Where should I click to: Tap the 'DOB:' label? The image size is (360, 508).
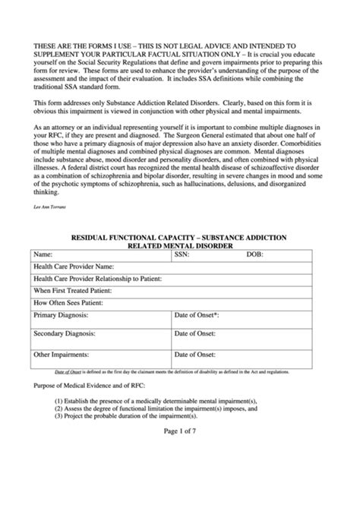pyautogui.click(x=254, y=254)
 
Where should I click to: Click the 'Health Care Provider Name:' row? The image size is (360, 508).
pyautogui.click(x=74, y=267)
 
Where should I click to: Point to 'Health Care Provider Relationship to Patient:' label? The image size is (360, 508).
pyautogui.click(x=98, y=279)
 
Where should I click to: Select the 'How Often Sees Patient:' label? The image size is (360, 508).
pyautogui.click(x=68, y=303)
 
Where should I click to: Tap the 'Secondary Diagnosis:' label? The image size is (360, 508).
pyautogui.click(x=65, y=334)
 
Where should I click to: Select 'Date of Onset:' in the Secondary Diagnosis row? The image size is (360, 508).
pyautogui.click(x=195, y=334)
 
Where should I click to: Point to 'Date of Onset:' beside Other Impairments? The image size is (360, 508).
pyautogui.click(x=195, y=354)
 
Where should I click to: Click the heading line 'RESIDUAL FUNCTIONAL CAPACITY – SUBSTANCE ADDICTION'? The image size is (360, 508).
pyautogui.click(x=178, y=237)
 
